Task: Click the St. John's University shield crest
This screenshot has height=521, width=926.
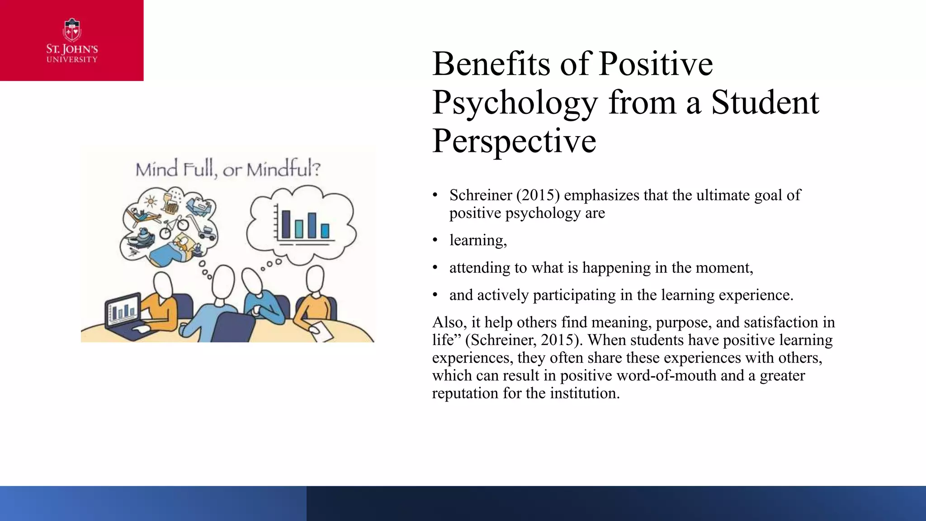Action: (x=72, y=30)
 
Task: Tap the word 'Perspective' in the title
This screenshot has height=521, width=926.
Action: (x=514, y=141)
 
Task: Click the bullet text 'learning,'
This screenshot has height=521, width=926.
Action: (x=478, y=240)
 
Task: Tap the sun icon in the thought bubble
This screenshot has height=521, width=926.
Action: (x=151, y=201)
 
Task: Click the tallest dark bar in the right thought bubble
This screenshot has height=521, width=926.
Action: (x=286, y=224)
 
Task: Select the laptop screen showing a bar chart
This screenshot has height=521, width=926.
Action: (x=123, y=309)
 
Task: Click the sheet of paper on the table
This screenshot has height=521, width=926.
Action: (x=321, y=331)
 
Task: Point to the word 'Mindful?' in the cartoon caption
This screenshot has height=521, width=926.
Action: (x=283, y=169)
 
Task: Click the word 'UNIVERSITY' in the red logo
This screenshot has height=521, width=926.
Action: (x=72, y=60)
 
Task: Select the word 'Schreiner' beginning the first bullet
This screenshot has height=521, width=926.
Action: (x=481, y=195)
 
